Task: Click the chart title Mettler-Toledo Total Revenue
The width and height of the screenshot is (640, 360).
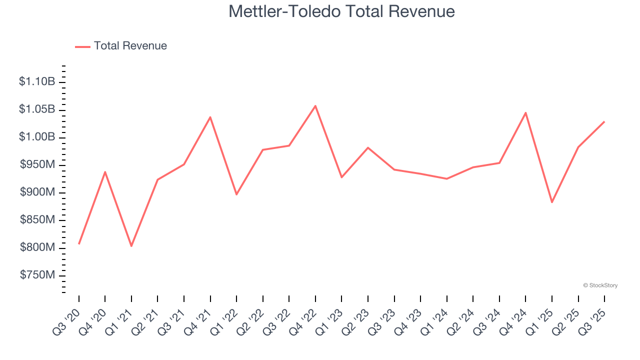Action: [341, 11]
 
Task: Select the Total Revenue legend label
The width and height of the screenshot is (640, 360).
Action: [130, 46]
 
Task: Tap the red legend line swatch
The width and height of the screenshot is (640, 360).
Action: [82, 46]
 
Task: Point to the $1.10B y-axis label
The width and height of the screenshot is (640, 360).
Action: [37, 81]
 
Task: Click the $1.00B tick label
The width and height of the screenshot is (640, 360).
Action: [37, 137]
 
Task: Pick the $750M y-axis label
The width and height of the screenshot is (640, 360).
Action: [37, 275]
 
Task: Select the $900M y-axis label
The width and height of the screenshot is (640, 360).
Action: [37, 192]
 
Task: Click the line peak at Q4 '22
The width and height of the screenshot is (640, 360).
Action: [315, 105]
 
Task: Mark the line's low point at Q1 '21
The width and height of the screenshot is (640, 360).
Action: [131, 246]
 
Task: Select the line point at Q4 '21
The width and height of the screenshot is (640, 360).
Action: [210, 117]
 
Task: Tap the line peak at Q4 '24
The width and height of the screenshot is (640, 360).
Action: [525, 112]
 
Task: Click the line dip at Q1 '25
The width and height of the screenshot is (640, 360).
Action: [552, 202]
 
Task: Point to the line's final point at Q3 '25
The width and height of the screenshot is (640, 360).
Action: [604, 121]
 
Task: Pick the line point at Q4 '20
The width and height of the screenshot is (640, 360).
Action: [105, 171]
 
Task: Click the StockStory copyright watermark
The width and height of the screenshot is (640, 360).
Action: [600, 285]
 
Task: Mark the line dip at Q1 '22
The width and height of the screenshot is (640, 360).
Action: [236, 194]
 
